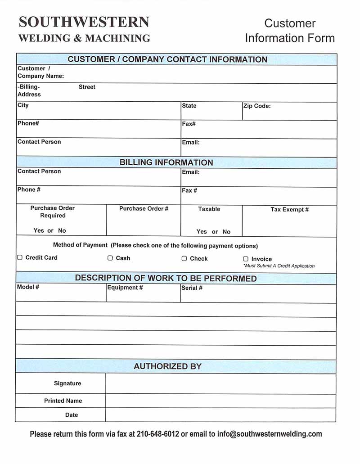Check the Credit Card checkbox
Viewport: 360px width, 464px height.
pos(19,258)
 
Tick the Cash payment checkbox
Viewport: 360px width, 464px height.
pos(110,258)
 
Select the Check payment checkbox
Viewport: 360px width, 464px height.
pos(184,259)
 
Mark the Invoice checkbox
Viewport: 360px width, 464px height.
pos(246,259)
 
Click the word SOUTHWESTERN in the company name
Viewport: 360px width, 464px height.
pos(84,22)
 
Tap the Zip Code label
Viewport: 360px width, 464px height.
pos(257,106)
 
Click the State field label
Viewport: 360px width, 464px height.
pos(189,106)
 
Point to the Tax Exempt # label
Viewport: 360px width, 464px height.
pos(289,209)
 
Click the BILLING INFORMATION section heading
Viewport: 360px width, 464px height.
pos(166,162)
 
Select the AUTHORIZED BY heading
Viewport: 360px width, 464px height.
pos(167,366)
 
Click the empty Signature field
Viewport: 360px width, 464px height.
pos(220,383)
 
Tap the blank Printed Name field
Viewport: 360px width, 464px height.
pos(220,401)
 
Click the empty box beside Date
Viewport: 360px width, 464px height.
pos(220,415)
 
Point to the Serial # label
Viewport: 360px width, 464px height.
pos(192,288)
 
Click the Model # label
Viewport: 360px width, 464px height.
pos(28,287)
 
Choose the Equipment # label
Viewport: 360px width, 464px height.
pos(125,288)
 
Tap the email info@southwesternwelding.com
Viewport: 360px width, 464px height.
pos(270,434)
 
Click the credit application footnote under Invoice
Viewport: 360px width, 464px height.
pos(279,266)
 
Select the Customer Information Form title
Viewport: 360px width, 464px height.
pos(290,31)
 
